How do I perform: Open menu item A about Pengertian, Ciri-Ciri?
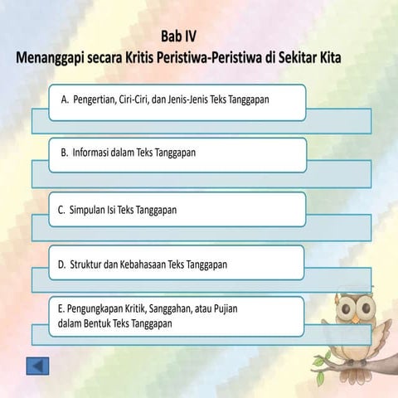177,100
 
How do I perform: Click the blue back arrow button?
38,366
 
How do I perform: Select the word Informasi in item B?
89,153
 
